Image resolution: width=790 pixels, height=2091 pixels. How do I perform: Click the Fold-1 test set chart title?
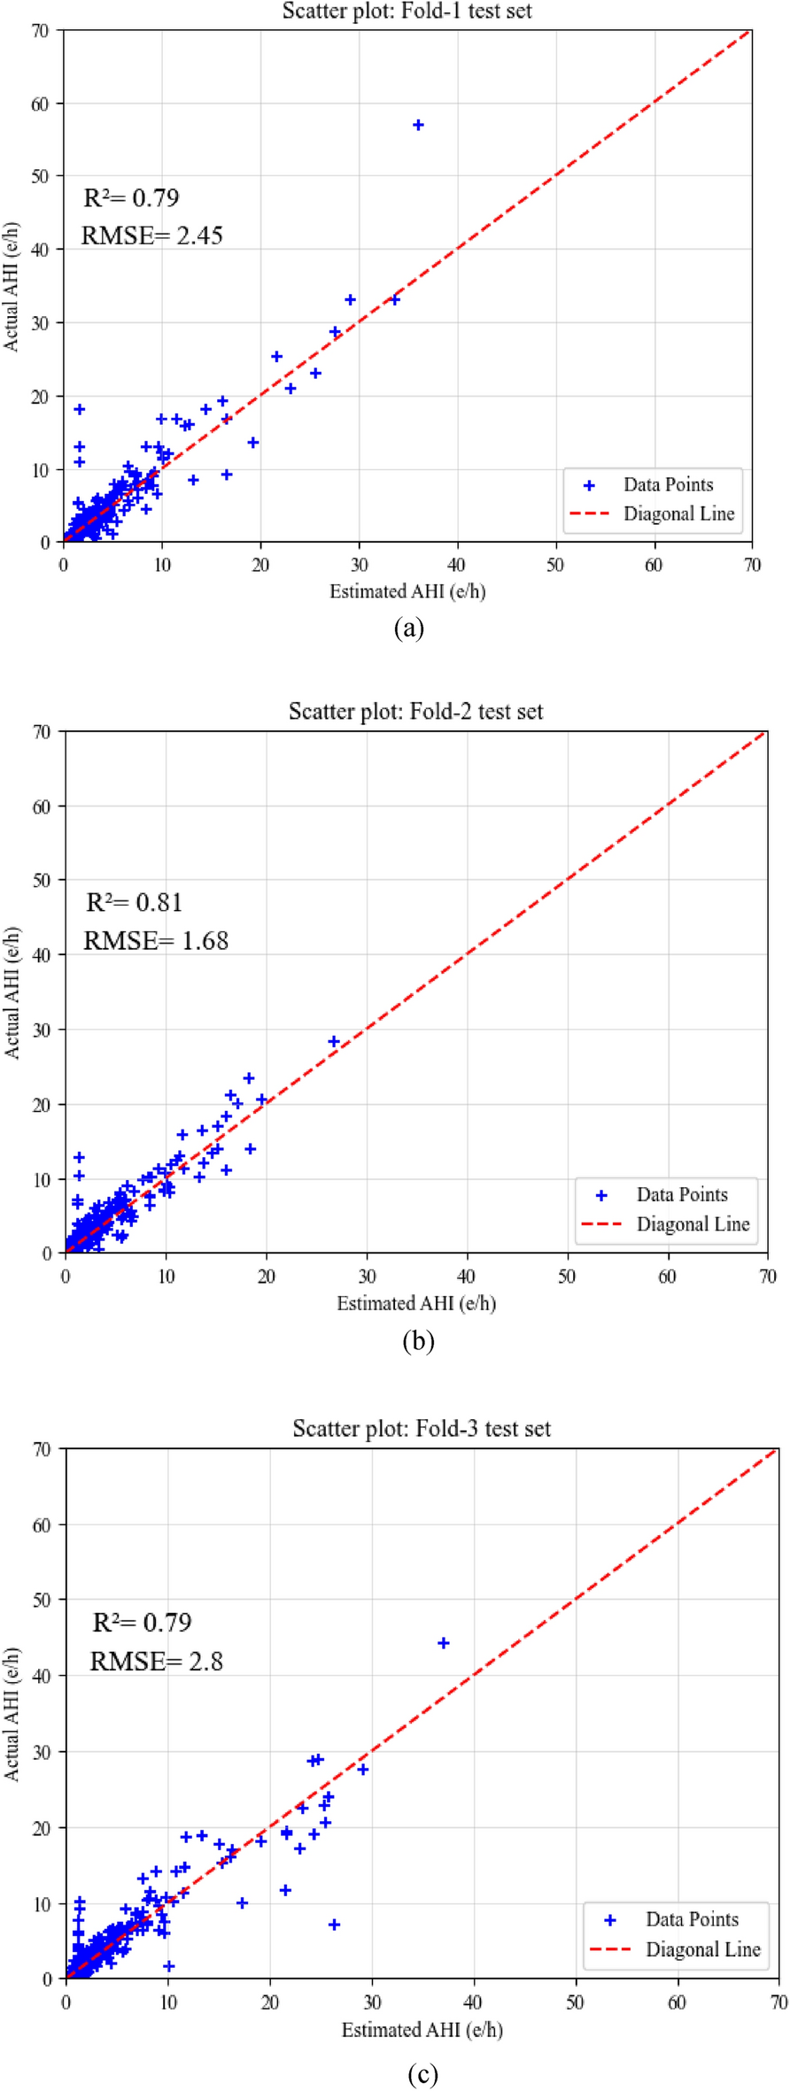(x=407, y=12)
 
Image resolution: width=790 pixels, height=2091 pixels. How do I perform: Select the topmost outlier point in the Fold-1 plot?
(x=418, y=125)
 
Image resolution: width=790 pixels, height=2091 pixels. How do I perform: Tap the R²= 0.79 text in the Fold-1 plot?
(x=131, y=197)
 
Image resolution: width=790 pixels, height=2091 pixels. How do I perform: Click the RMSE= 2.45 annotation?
(x=151, y=235)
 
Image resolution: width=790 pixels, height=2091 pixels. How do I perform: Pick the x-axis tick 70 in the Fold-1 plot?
(x=752, y=565)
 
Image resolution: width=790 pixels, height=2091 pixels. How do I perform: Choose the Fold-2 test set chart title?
(x=415, y=712)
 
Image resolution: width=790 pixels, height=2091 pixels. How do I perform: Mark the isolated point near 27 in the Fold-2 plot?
(x=334, y=1041)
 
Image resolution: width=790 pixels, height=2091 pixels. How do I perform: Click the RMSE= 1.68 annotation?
(x=156, y=940)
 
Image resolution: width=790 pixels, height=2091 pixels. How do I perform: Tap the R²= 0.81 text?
(x=134, y=902)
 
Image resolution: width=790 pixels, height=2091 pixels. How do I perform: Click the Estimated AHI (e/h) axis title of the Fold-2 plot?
(x=416, y=1303)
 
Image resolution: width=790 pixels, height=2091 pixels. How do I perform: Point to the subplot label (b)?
(x=418, y=1341)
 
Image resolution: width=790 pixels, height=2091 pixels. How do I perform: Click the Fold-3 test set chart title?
(x=422, y=1429)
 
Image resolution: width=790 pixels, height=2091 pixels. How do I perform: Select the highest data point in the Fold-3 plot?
(x=444, y=1643)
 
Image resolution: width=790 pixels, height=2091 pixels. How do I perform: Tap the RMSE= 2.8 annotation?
(x=156, y=1661)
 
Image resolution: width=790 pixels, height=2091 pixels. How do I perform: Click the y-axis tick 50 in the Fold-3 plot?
(x=41, y=1601)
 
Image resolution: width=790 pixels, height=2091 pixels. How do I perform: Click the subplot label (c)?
(x=422, y=2074)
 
